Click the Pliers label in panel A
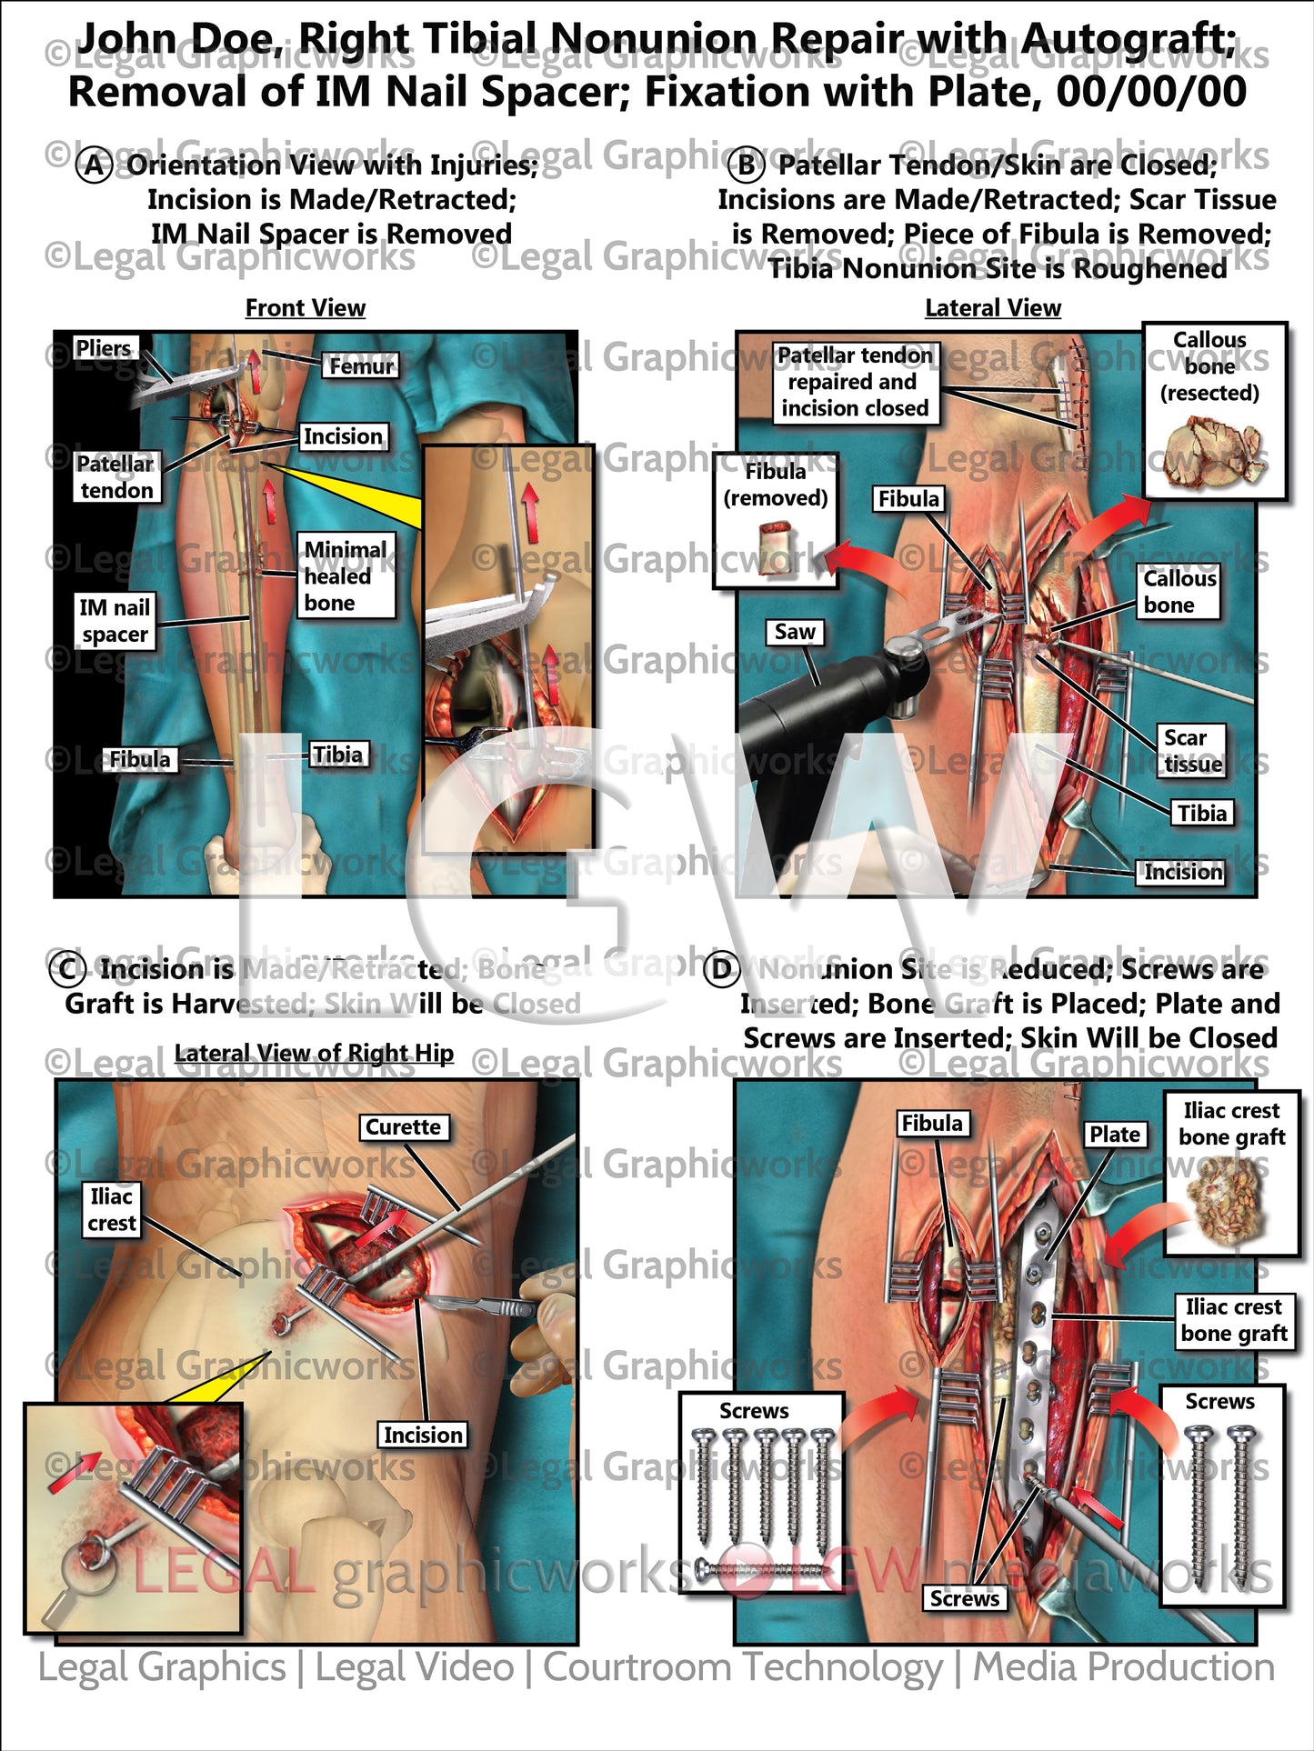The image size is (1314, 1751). (x=104, y=348)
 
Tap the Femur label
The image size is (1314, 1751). (x=361, y=365)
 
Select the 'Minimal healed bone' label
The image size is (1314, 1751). (x=346, y=576)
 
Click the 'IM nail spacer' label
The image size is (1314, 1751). (x=115, y=621)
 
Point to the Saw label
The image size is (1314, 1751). (x=794, y=632)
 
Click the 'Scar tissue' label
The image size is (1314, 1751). (x=1192, y=751)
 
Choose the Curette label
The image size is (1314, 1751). (x=403, y=1127)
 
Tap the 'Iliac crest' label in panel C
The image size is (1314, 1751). (x=112, y=1210)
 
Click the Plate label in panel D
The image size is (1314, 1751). (x=1114, y=1135)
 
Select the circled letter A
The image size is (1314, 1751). (x=95, y=165)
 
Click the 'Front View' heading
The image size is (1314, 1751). (x=306, y=308)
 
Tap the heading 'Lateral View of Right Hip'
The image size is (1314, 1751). (x=314, y=1053)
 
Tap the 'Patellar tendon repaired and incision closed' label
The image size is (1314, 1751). (x=855, y=382)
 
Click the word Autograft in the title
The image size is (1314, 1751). (x=1127, y=40)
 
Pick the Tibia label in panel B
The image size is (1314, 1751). (x=1201, y=813)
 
